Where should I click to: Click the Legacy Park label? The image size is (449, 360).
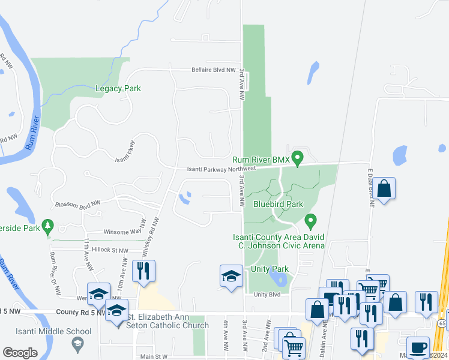118,88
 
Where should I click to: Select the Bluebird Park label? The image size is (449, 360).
278,204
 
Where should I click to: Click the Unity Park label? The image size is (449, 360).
270,269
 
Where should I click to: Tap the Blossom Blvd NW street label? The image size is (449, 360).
76,204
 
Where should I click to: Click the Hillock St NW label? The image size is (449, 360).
107,250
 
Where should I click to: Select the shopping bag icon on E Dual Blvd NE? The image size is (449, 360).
384,188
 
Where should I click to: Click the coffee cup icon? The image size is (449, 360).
418,347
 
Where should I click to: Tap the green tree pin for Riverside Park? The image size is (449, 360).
47,227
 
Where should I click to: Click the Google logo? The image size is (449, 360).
20,353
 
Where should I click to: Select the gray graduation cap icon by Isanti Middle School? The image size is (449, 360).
77,344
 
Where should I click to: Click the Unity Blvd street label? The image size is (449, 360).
267,295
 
